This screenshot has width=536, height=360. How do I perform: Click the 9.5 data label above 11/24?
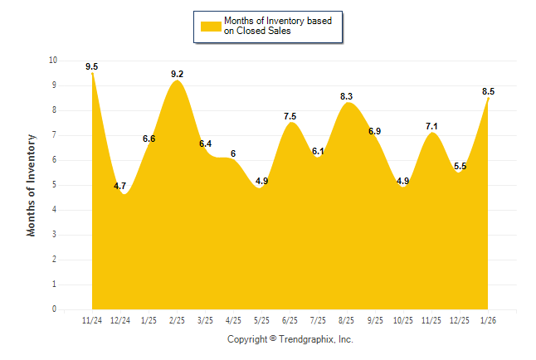point(91,66)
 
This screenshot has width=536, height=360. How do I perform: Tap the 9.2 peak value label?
point(178,74)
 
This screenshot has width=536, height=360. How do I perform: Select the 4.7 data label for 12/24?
point(120,187)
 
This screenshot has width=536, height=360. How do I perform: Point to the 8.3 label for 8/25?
point(347,97)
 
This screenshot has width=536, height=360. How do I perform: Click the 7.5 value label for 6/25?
point(290,117)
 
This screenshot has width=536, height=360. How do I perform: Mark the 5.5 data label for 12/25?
point(460,167)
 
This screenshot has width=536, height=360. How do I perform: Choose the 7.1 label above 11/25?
point(431,127)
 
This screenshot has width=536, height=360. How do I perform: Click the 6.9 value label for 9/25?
point(375,132)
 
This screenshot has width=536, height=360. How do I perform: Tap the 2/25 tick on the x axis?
point(178,319)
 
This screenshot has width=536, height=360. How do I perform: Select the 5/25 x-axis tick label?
point(262,319)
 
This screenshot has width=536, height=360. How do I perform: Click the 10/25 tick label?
point(403,319)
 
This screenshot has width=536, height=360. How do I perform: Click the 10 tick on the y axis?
point(53,61)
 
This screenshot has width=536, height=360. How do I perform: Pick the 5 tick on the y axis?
point(55,185)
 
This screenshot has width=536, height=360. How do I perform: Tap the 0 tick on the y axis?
point(55,309)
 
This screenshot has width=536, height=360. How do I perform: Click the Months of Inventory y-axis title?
point(32,185)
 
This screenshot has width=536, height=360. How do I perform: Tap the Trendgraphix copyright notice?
point(290,339)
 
